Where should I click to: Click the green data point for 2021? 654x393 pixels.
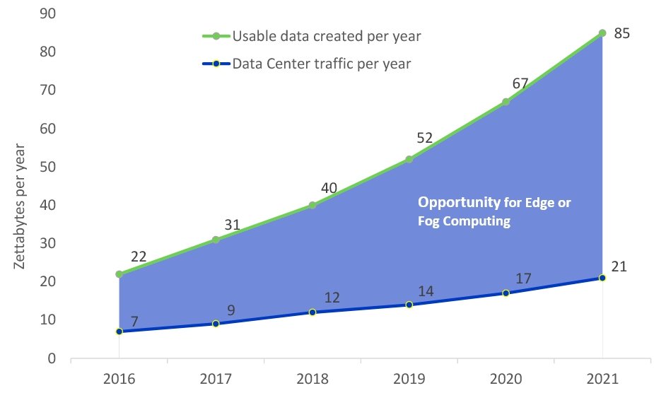tap(602, 33)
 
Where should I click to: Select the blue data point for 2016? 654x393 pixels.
tap(119, 332)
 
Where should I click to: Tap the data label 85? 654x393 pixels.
tap(622, 33)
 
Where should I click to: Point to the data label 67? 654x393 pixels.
tap(520, 84)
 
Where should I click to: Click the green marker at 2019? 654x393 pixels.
tap(409, 159)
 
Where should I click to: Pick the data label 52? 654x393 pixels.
tap(424, 139)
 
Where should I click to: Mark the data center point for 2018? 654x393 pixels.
tap(313, 312)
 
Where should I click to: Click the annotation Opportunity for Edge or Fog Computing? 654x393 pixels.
tap(494, 211)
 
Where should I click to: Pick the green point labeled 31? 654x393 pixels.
tap(216, 240)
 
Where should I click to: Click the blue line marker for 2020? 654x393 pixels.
tap(506, 293)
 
